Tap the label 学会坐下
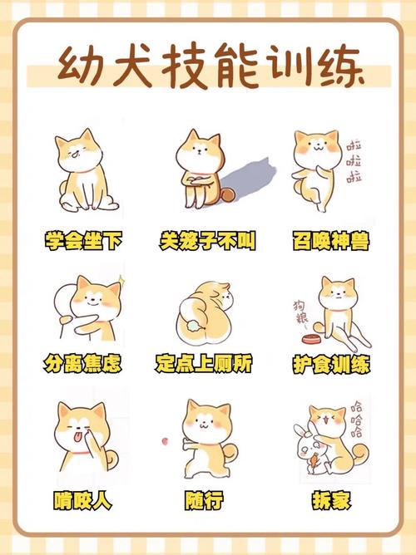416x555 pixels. tap(83, 242)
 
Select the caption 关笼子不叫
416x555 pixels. tap(207, 242)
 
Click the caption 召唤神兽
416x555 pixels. tap(331, 242)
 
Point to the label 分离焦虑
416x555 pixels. tap(83, 364)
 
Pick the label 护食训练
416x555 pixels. tap(331, 364)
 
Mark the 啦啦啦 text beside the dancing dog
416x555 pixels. tap(354, 158)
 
